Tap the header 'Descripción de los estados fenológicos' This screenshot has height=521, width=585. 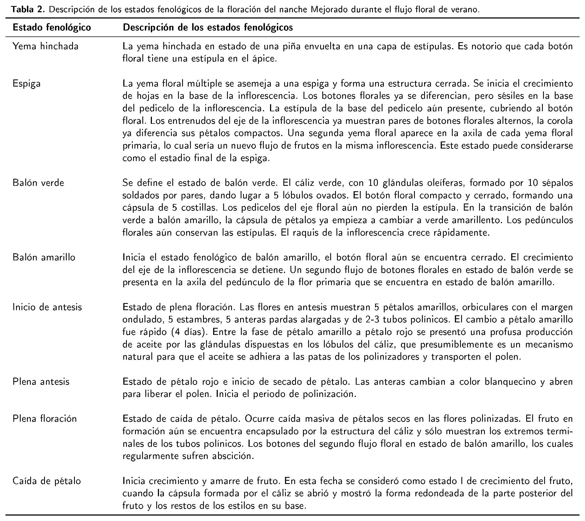208,27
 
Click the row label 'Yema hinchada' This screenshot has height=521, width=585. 45,46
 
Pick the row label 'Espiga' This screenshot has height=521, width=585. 27,84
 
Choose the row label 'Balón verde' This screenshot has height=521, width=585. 38,183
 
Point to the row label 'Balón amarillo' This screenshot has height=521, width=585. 44,257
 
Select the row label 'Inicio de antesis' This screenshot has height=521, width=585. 47,307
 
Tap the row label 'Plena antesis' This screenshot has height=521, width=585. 41,382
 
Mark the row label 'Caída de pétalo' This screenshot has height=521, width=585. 47,481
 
